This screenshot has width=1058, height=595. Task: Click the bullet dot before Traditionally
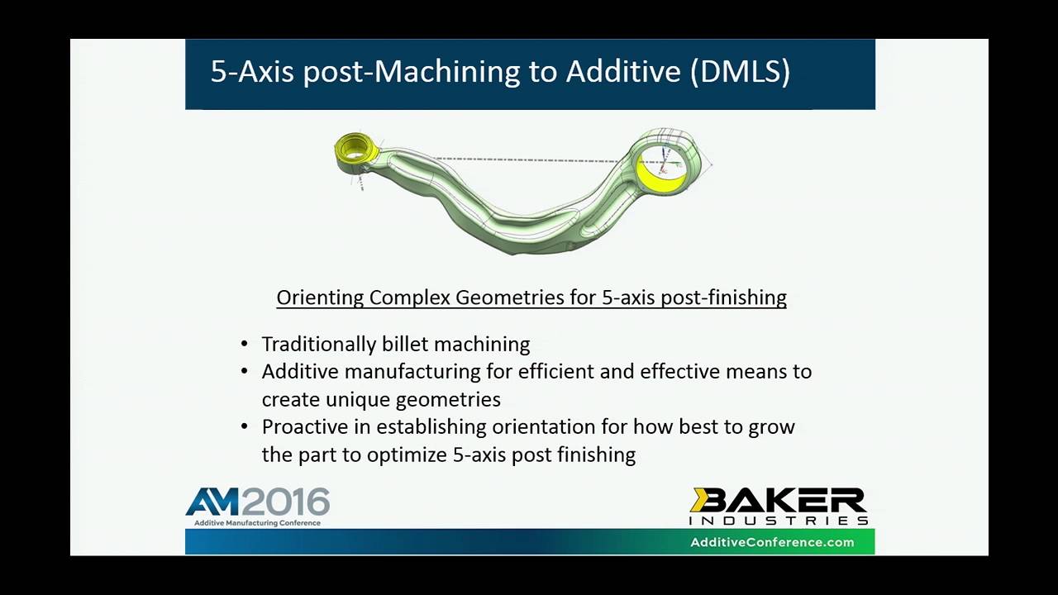click(x=245, y=344)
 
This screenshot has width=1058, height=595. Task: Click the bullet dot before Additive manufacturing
click(x=245, y=371)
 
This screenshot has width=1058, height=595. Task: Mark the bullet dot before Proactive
click(x=245, y=426)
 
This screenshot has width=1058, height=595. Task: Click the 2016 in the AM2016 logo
click(x=285, y=502)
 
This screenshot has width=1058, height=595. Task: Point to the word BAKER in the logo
click(x=778, y=501)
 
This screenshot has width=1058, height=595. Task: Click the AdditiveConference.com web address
click(x=772, y=542)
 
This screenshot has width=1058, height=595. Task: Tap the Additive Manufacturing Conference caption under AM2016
click(x=257, y=523)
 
